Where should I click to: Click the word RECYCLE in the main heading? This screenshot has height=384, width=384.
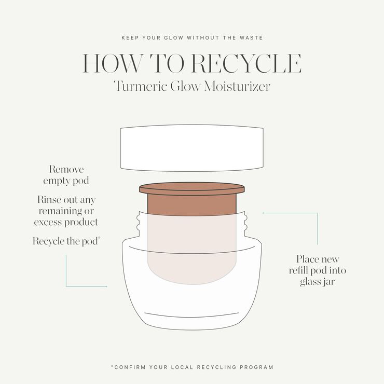[x=246, y=63]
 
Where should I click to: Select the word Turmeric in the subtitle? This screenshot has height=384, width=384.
[x=140, y=86]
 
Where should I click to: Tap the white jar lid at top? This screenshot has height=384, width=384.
[x=191, y=147]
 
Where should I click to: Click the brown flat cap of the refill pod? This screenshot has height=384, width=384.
[x=191, y=187]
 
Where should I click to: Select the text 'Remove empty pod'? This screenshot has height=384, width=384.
[x=66, y=175]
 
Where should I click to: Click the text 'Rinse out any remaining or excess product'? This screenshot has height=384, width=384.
[x=66, y=211]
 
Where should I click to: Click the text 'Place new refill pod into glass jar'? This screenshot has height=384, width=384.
[x=317, y=270]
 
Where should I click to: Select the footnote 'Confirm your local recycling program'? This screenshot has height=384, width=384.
[x=191, y=367]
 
